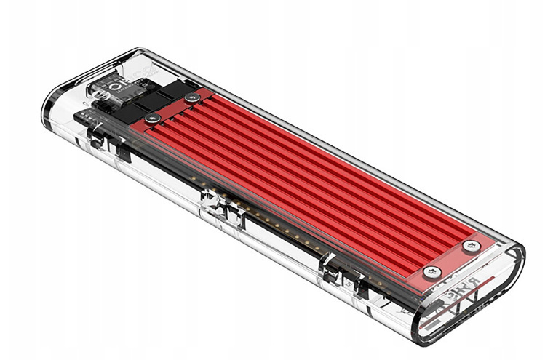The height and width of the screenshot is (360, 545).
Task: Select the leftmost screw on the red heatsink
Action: [x=152, y=117]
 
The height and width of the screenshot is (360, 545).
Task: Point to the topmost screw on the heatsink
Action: [x=192, y=97]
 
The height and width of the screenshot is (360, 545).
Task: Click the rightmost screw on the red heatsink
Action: [x=472, y=245]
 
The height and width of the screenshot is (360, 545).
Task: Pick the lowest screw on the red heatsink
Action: [x=433, y=272]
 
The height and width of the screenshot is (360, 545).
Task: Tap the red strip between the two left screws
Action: [x=172, y=107]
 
